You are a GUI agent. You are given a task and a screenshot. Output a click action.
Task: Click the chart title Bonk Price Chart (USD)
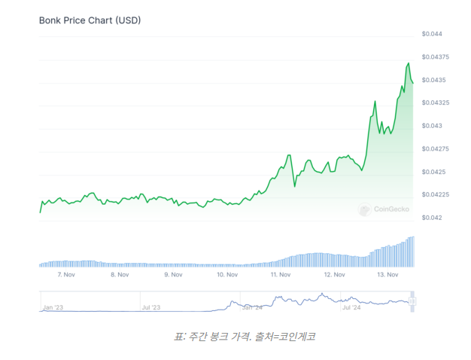(90, 20)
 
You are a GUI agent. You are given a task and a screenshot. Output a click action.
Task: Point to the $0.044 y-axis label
(432, 35)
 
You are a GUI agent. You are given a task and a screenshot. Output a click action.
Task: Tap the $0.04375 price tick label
(436, 57)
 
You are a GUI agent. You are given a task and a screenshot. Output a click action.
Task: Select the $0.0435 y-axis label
(433, 80)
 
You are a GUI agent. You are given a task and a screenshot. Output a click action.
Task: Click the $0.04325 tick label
(436, 103)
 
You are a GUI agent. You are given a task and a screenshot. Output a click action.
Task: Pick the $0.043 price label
(432, 126)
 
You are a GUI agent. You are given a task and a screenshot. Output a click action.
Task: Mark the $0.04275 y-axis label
(436, 149)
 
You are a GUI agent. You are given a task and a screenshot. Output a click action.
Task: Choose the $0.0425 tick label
(433, 172)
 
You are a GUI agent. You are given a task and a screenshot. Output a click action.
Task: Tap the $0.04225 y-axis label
(436, 195)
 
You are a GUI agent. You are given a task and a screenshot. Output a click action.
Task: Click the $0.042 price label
(432, 218)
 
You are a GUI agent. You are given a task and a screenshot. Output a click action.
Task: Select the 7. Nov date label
(65, 275)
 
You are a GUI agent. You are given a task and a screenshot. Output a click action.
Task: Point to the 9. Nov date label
(173, 275)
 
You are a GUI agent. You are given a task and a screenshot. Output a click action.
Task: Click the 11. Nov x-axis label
(280, 275)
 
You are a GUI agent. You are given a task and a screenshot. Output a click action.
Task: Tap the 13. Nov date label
(387, 275)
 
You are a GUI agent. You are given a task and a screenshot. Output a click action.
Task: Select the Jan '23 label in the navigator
(53, 307)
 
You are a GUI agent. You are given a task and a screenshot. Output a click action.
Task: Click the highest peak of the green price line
(409, 63)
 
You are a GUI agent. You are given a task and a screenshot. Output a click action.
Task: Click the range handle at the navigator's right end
(412, 302)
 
